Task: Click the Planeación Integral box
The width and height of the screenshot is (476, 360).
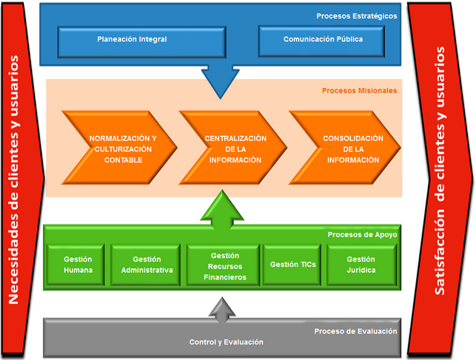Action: click(132, 40)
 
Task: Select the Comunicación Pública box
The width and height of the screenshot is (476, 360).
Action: click(323, 40)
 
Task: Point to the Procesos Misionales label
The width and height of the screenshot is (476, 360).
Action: click(359, 90)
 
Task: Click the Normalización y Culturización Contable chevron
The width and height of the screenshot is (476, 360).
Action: click(120, 148)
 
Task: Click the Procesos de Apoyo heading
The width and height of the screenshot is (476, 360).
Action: click(362, 235)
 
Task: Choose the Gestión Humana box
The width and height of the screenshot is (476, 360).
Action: click(78, 265)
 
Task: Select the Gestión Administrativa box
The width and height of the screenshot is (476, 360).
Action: click(146, 265)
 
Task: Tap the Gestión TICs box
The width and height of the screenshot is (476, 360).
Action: click(293, 265)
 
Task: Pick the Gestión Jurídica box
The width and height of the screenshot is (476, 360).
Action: click(361, 265)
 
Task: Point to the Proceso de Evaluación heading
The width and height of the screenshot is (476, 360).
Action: click(355, 331)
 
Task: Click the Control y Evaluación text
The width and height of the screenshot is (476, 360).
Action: click(226, 342)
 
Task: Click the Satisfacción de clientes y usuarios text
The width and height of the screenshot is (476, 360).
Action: click(440, 171)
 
